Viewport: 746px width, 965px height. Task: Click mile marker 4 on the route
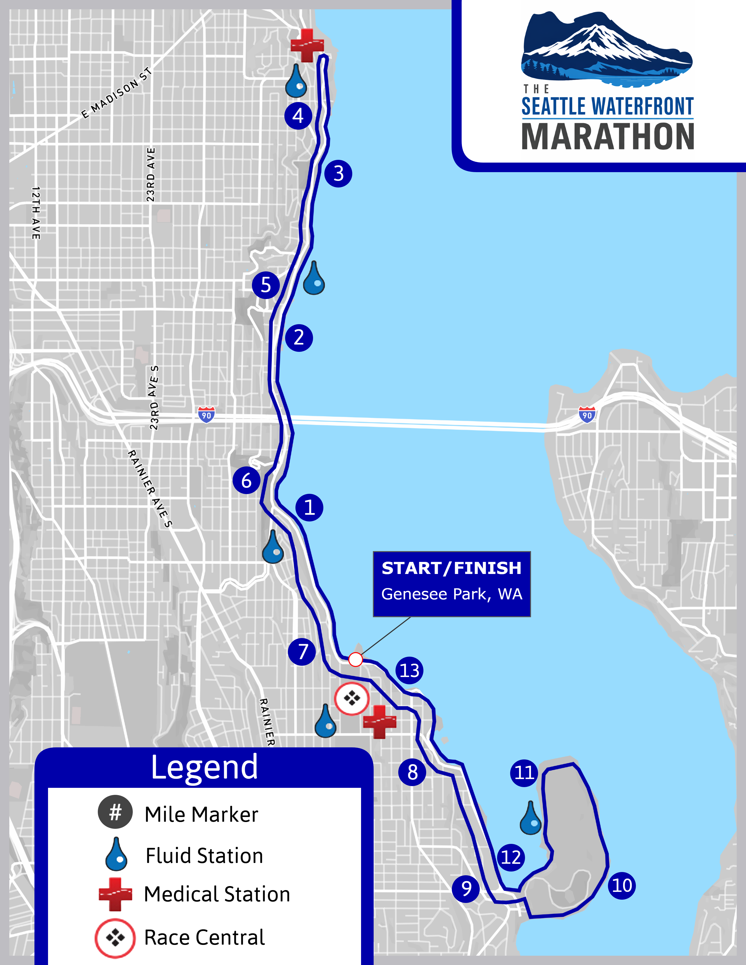pyautogui.click(x=298, y=116)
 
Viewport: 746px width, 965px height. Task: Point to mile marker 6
pyautogui.click(x=246, y=480)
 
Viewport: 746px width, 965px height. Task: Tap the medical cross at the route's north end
pyautogui.click(x=307, y=45)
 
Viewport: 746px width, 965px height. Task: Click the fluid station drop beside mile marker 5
pyautogui.click(x=314, y=279)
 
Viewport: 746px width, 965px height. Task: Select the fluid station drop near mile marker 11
pyautogui.click(x=531, y=819)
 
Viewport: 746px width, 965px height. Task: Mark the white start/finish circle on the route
pyautogui.click(x=356, y=660)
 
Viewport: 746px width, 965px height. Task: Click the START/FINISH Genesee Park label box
pyautogui.click(x=452, y=584)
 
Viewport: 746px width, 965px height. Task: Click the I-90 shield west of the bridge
pyautogui.click(x=206, y=414)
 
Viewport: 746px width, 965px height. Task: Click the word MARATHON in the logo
pyautogui.click(x=608, y=136)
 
